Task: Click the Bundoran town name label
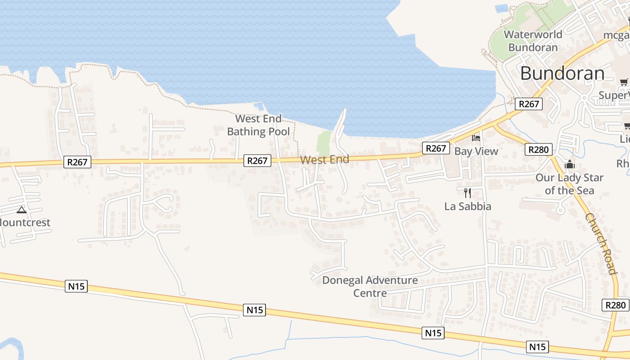[x=562, y=73]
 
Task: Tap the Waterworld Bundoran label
[x=533, y=41]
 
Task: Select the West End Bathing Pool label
[x=258, y=125]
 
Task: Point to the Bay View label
[x=476, y=151]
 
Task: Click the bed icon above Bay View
[x=476, y=138]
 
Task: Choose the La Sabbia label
[x=468, y=207]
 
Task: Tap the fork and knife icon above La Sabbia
[x=468, y=193]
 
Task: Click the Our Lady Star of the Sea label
[x=569, y=184]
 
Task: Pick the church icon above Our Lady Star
[x=570, y=165]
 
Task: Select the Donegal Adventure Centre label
[x=370, y=287]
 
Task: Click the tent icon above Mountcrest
[x=22, y=210]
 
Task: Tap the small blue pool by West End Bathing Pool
[x=259, y=107]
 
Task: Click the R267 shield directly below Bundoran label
[x=529, y=104]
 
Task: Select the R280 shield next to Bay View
[x=538, y=149]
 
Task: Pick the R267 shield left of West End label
[x=257, y=161]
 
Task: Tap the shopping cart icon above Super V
[x=624, y=82]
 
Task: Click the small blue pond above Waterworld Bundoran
[x=501, y=8]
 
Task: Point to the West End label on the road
[x=324, y=160]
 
